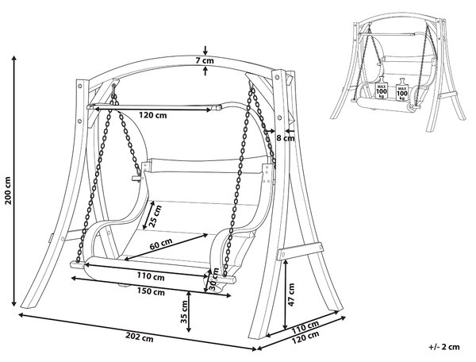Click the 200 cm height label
pyautogui.click(x=9, y=190)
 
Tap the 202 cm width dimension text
pyautogui.click(x=140, y=337)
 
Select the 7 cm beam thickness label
pyautogui.click(x=205, y=60)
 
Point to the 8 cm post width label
pyautogui.click(x=286, y=138)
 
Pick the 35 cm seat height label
pyautogui.click(x=184, y=311)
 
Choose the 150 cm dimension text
pyautogui.click(x=151, y=291)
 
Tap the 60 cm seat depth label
pyautogui.click(x=161, y=244)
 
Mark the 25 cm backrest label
pyautogui.click(x=156, y=216)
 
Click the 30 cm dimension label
pyautogui.click(x=214, y=279)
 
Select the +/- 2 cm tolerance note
pyautogui.click(x=444, y=346)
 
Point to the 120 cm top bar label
pyautogui.click(x=152, y=115)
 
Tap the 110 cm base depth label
pyautogui.click(x=305, y=327)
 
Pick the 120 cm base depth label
pyautogui.click(x=305, y=337)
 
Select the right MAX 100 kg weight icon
pyautogui.click(x=402, y=90)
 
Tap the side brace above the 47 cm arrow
pyautogui.click(x=300, y=251)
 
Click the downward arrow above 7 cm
pyautogui.click(x=205, y=51)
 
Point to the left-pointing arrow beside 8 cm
pyautogui.click(x=290, y=131)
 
